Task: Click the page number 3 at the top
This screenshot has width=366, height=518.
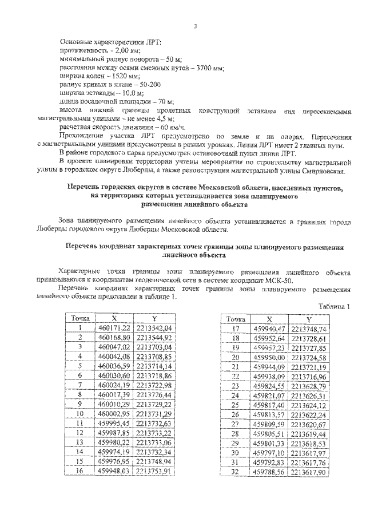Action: tap(196, 27)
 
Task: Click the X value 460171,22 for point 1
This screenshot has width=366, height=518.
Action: tap(114, 327)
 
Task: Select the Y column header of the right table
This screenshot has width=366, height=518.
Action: tap(309, 319)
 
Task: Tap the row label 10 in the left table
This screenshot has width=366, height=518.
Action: tap(81, 413)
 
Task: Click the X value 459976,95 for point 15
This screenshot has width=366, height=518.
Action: tap(114, 461)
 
